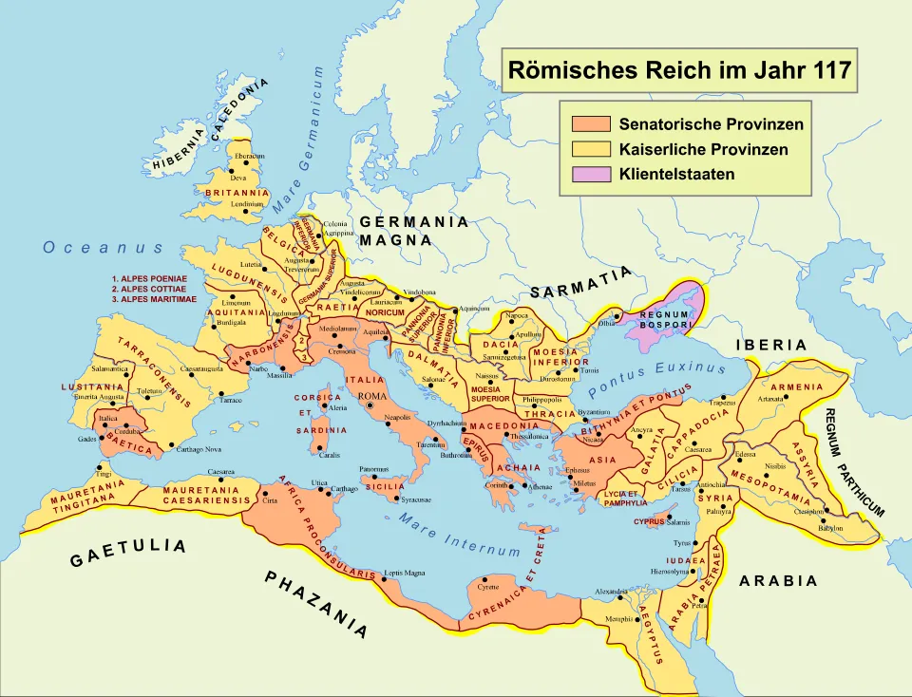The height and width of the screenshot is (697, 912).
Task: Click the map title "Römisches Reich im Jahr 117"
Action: point(679,70)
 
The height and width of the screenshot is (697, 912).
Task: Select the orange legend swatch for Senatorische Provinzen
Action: point(590,124)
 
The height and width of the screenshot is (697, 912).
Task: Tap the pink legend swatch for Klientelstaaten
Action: point(590,174)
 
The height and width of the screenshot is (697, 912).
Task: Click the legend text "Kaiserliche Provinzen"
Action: point(703,149)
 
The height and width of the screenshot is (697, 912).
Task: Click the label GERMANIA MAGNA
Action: point(414,231)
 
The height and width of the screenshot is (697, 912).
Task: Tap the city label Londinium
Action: point(246,203)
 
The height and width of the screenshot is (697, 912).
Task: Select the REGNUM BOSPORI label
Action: point(664,320)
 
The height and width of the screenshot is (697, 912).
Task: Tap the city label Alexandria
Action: point(611,592)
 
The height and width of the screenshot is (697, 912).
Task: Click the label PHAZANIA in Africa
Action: point(316,604)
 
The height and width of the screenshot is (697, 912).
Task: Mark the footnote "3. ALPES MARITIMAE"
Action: point(153,299)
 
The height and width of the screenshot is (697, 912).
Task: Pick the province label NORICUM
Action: point(386,311)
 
